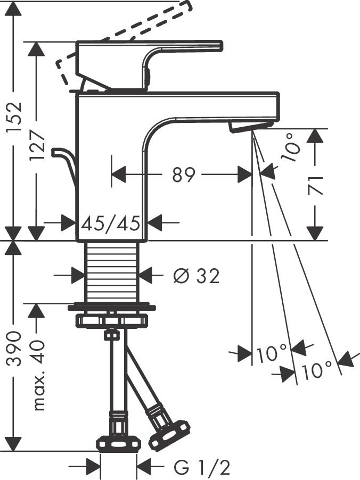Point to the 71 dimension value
pos(317,184)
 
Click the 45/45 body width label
pos(111,222)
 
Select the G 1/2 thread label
pos(202,468)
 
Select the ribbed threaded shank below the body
pos(111,271)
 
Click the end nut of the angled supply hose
pos(169,433)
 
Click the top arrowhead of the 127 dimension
pos(36,49)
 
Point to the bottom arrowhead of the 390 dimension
pos(13,444)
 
